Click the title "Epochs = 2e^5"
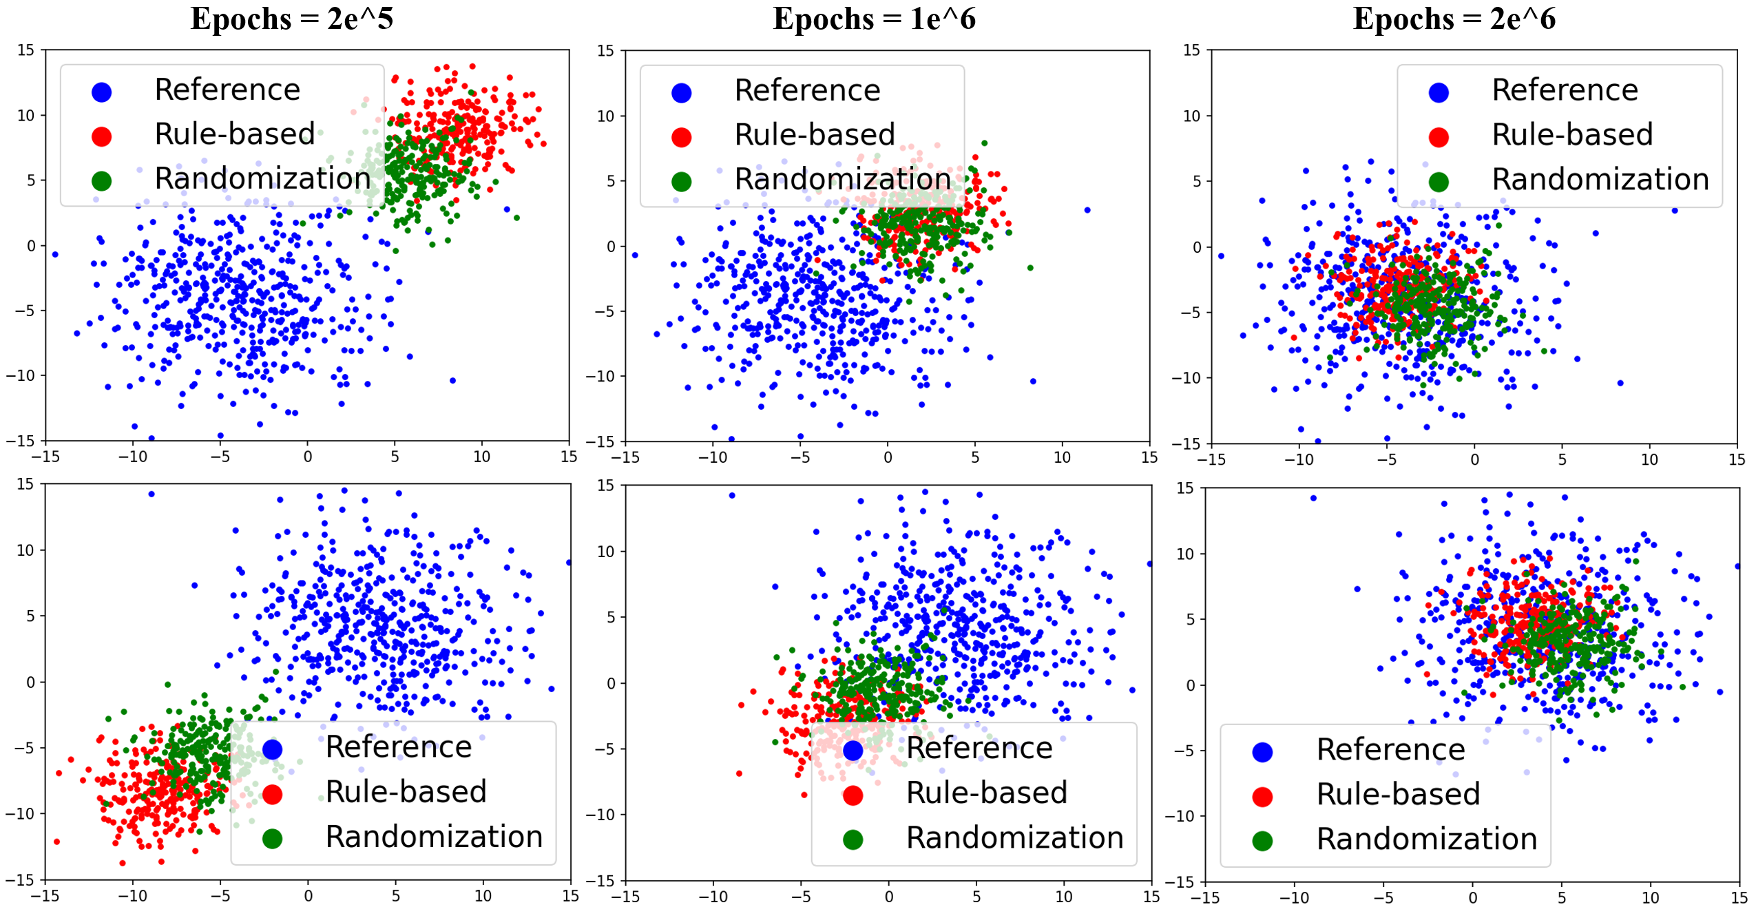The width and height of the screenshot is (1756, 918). pos(291,19)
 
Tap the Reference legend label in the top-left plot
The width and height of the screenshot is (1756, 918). pos(227,90)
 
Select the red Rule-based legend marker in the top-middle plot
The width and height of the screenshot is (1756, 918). pos(681,137)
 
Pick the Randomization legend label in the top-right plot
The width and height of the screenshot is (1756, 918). pos(1600,179)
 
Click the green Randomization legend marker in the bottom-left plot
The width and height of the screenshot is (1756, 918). pos(272,838)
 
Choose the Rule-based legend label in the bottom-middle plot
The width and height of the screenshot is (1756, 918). pos(986,793)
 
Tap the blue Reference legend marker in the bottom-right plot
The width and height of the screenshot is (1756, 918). pos(1262,752)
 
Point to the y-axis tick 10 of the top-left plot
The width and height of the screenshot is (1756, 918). pos(25,115)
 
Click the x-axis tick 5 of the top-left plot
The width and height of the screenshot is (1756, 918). pos(395,457)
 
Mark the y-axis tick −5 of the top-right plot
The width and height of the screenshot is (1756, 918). pos(1191,313)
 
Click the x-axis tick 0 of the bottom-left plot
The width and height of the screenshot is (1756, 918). pos(308,896)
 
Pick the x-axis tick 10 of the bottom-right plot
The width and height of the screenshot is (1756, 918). pos(1650,898)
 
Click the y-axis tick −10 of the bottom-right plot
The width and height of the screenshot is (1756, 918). pos(1182,816)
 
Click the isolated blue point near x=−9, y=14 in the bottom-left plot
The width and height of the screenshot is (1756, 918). pos(151,494)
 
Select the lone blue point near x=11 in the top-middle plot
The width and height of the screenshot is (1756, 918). pos(1087,210)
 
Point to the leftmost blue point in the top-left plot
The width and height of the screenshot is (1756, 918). pos(55,255)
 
